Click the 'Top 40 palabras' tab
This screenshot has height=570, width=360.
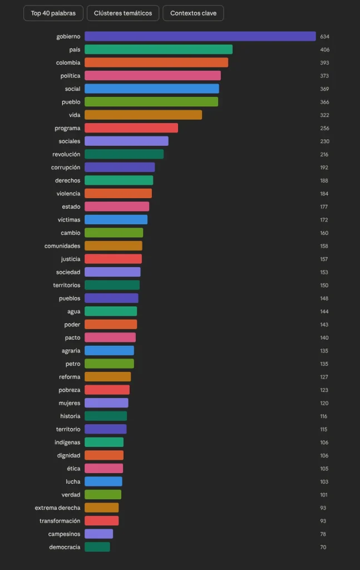click(53, 13)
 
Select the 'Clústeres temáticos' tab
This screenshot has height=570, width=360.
click(123, 13)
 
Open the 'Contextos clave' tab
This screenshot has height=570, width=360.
click(193, 13)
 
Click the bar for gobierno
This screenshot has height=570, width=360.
click(200, 37)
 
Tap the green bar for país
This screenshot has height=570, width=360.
click(159, 50)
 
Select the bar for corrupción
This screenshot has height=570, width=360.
click(120, 168)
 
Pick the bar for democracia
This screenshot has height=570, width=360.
click(97, 547)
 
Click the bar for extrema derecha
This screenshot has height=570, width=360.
click(102, 508)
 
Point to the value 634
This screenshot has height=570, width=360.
click(326, 37)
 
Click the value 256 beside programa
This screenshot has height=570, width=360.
click(324, 129)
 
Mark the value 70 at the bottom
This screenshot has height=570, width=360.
click(323, 547)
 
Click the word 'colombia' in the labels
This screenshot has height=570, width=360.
click(68, 63)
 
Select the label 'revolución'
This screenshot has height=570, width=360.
click(66, 154)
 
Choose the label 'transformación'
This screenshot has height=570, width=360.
click(60, 521)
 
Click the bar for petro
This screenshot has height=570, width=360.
click(109, 364)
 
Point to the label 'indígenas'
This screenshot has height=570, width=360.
click(68, 443)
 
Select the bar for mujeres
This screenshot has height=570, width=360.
click(106, 403)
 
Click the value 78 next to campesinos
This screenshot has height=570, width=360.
click(323, 534)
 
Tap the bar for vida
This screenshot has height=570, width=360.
click(143, 115)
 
